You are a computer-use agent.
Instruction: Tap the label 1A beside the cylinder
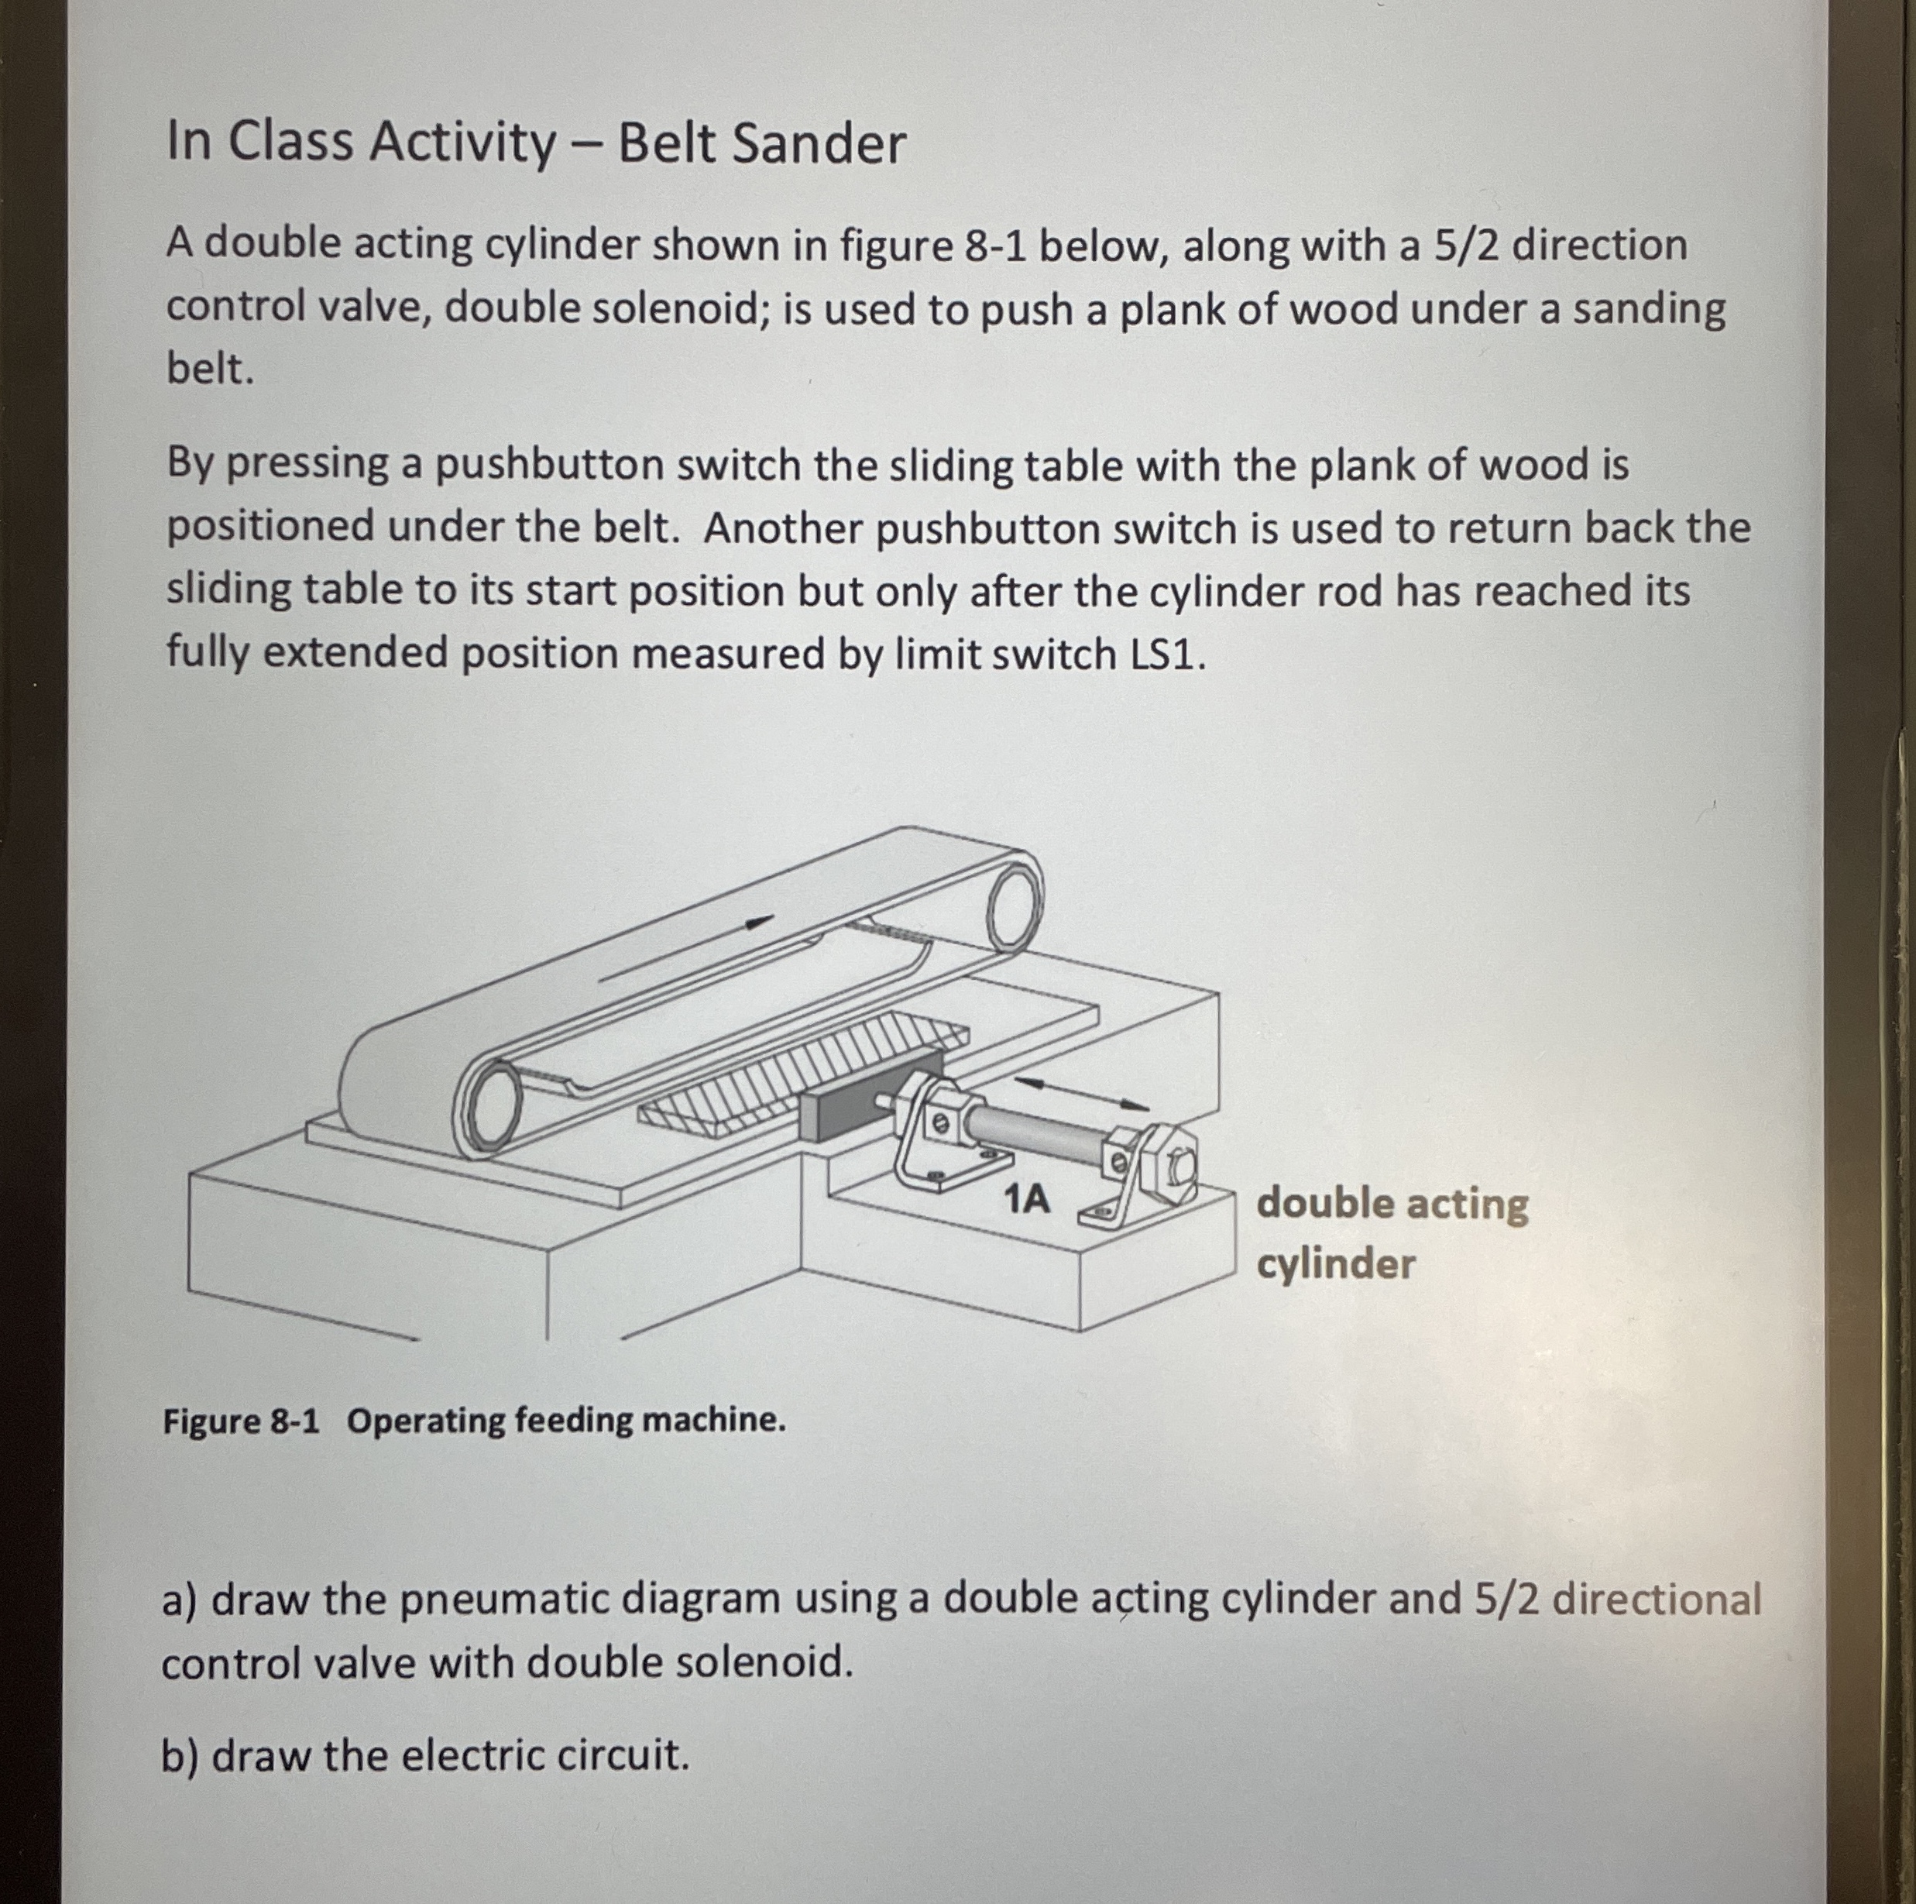(1026, 1200)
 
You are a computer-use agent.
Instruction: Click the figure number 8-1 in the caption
(294, 1421)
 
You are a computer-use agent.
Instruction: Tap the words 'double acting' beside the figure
(1392, 1204)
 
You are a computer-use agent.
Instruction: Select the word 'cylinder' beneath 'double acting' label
(1336, 1264)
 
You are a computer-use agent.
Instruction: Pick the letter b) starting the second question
(180, 1755)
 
